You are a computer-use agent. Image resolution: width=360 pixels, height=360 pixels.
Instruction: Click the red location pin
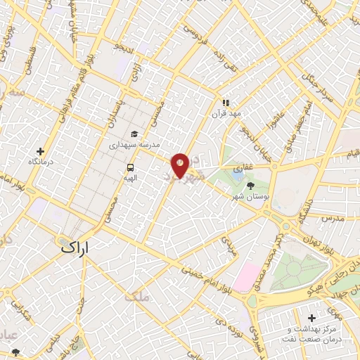coord(181,164)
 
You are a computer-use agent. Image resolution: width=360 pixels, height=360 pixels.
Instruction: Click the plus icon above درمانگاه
coord(41,151)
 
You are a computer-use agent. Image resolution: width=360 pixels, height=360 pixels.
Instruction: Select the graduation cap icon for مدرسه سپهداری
coord(134,134)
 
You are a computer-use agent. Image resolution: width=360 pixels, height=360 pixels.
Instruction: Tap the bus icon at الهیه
coord(130,168)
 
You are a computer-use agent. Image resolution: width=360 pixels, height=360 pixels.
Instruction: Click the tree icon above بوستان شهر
coord(251,186)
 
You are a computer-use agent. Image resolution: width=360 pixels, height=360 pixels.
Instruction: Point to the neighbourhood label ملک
coord(138,297)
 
